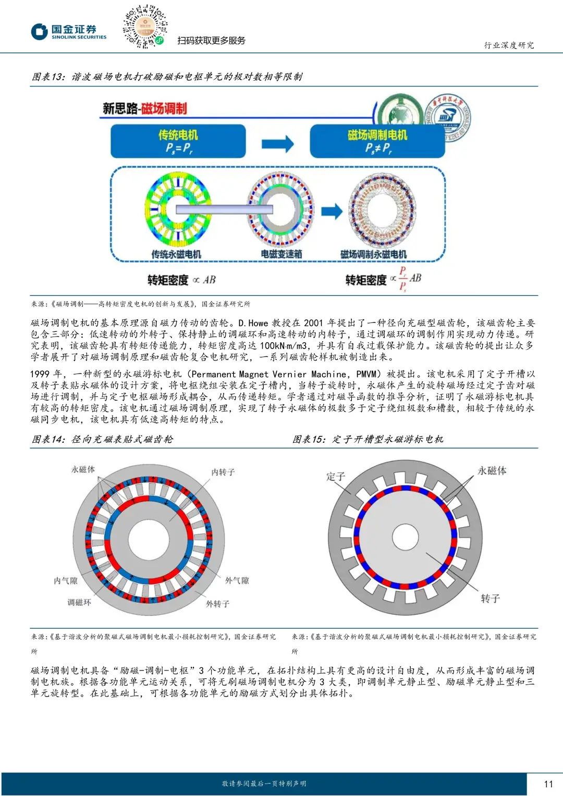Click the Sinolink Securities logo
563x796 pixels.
(x=68, y=32)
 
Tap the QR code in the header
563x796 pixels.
(x=144, y=27)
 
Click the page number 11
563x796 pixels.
(x=548, y=783)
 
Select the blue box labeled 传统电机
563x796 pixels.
(x=178, y=141)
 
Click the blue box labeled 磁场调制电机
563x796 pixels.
(x=377, y=141)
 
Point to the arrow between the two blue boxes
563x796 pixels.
(x=277, y=144)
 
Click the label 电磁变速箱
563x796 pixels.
(x=281, y=254)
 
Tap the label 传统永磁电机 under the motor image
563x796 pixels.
(x=176, y=254)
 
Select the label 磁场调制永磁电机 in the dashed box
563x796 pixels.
(x=373, y=254)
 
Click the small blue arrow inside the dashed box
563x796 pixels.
(x=332, y=211)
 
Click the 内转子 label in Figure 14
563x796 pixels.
(x=223, y=472)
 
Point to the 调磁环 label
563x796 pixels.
(x=79, y=602)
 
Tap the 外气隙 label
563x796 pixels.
(x=237, y=580)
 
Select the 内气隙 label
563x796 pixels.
(x=66, y=580)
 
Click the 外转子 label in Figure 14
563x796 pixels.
(x=217, y=604)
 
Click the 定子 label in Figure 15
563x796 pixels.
(x=335, y=476)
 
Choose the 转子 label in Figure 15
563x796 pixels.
(x=490, y=599)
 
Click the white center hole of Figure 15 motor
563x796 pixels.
(x=406, y=538)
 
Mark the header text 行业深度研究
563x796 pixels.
(x=509, y=45)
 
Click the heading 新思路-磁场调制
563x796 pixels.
(x=144, y=108)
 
